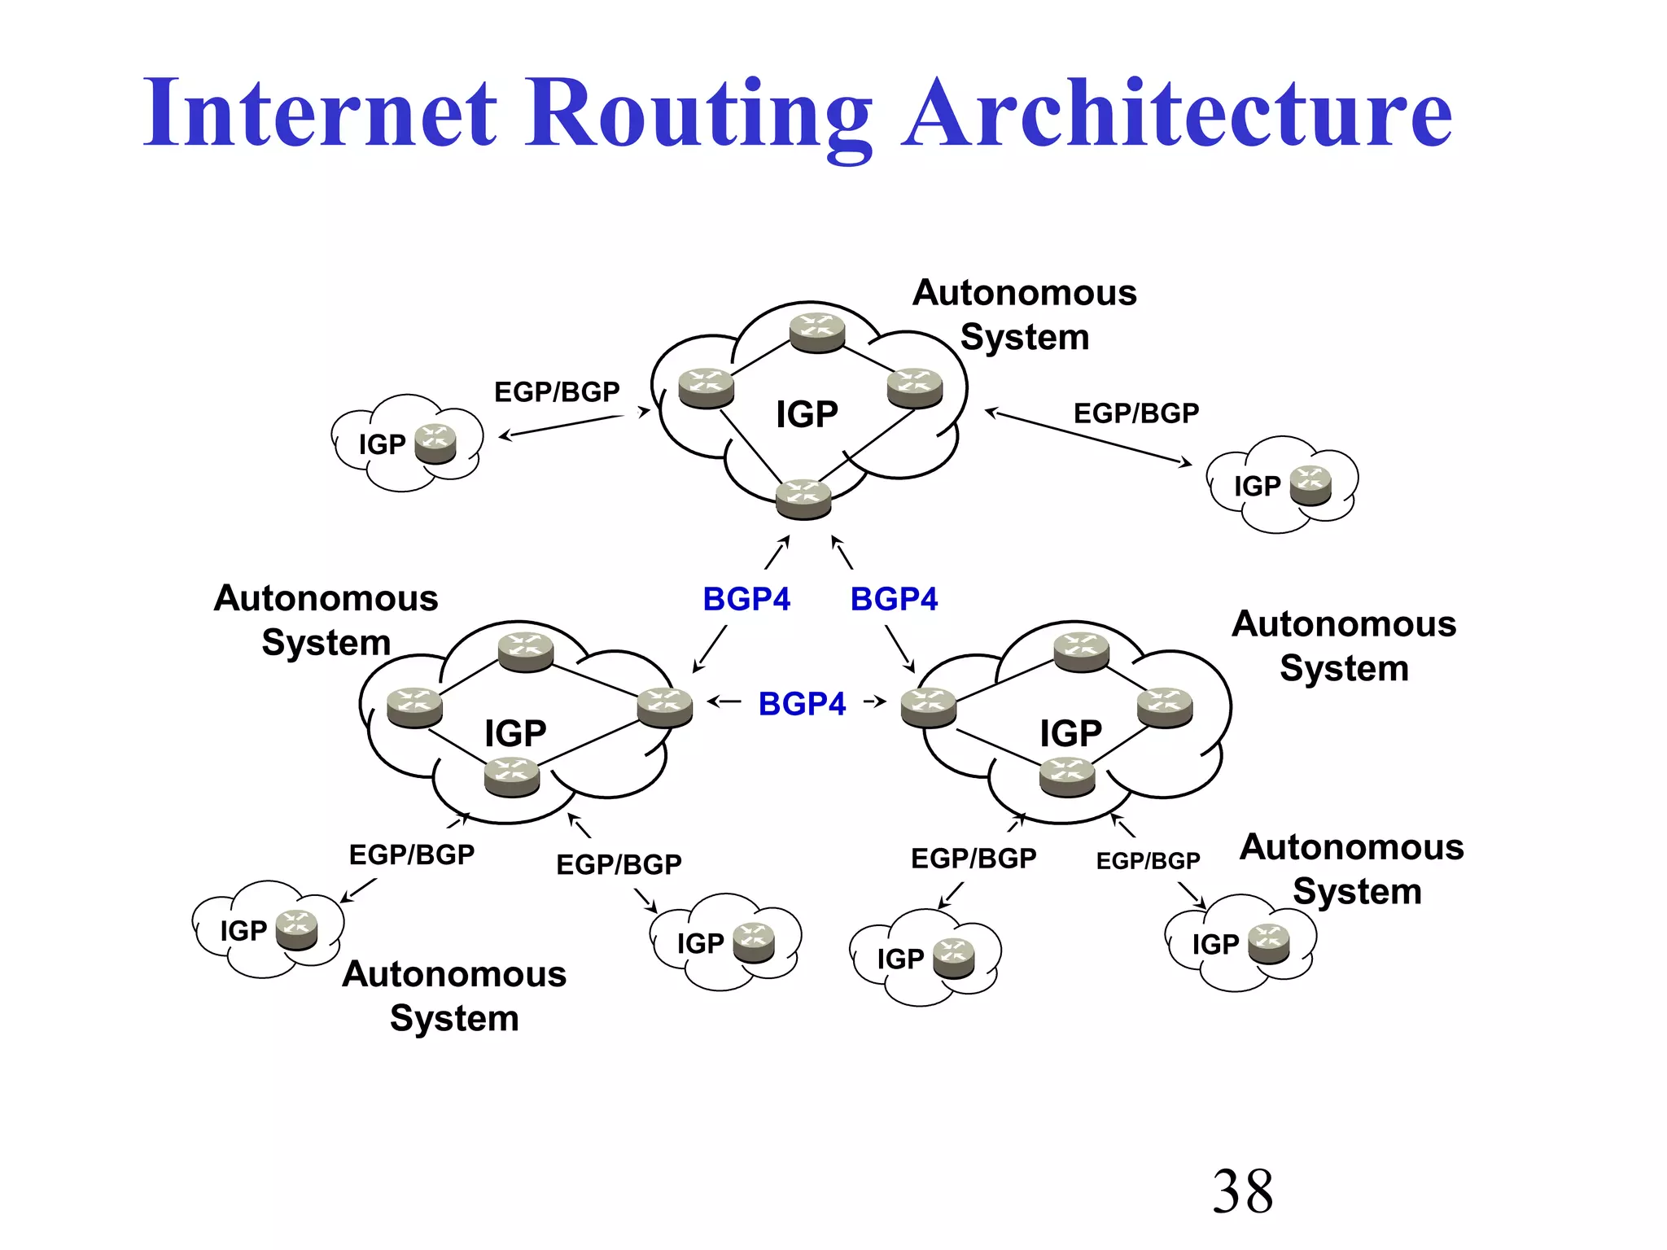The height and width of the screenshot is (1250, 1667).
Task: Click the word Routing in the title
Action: pyautogui.click(x=698, y=114)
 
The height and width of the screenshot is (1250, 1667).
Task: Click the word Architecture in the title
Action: pyautogui.click(x=1177, y=114)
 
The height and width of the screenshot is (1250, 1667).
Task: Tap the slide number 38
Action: pyautogui.click(x=1242, y=1191)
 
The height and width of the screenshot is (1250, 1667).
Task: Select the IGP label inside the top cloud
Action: pyautogui.click(x=806, y=415)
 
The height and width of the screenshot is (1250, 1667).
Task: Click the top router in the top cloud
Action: pyautogui.click(x=817, y=333)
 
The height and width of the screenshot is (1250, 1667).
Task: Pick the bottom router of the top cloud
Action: pyautogui.click(x=803, y=499)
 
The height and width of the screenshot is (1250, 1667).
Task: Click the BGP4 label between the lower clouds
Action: pyautogui.click(x=802, y=704)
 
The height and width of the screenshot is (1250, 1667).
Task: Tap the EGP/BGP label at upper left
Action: pyautogui.click(x=557, y=392)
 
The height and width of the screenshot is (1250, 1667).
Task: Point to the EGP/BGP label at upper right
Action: pyautogui.click(x=1136, y=413)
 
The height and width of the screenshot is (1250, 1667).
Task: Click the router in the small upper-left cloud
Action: pyautogui.click(x=435, y=444)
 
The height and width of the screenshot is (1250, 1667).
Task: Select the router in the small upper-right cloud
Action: pyautogui.click(x=1310, y=486)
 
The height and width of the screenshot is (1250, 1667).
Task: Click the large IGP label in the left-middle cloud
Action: pyautogui.click(x=515, y=733)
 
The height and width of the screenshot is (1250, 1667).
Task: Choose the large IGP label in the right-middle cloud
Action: pyautogui.click(x=1070, y=733)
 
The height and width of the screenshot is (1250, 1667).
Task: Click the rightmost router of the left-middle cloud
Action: pyautogui.click(x=665, y=706)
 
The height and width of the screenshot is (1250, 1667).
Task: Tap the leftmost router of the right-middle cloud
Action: pyautogui.click(x=929, y=706)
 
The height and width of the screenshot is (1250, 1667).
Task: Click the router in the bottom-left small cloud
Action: pyautogui.click(x=296, y=930)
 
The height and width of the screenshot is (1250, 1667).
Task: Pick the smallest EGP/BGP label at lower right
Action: pyautogui.click(x=1148, y=861)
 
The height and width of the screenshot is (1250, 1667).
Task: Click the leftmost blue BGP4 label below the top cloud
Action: pyautogui.click(x=746, y=600)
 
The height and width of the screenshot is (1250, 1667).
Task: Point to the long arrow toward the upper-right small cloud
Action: pyautogui.click(x=1088, y=439)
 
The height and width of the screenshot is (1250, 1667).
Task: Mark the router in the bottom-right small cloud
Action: pyautogui.click(x=1269, y=944)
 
